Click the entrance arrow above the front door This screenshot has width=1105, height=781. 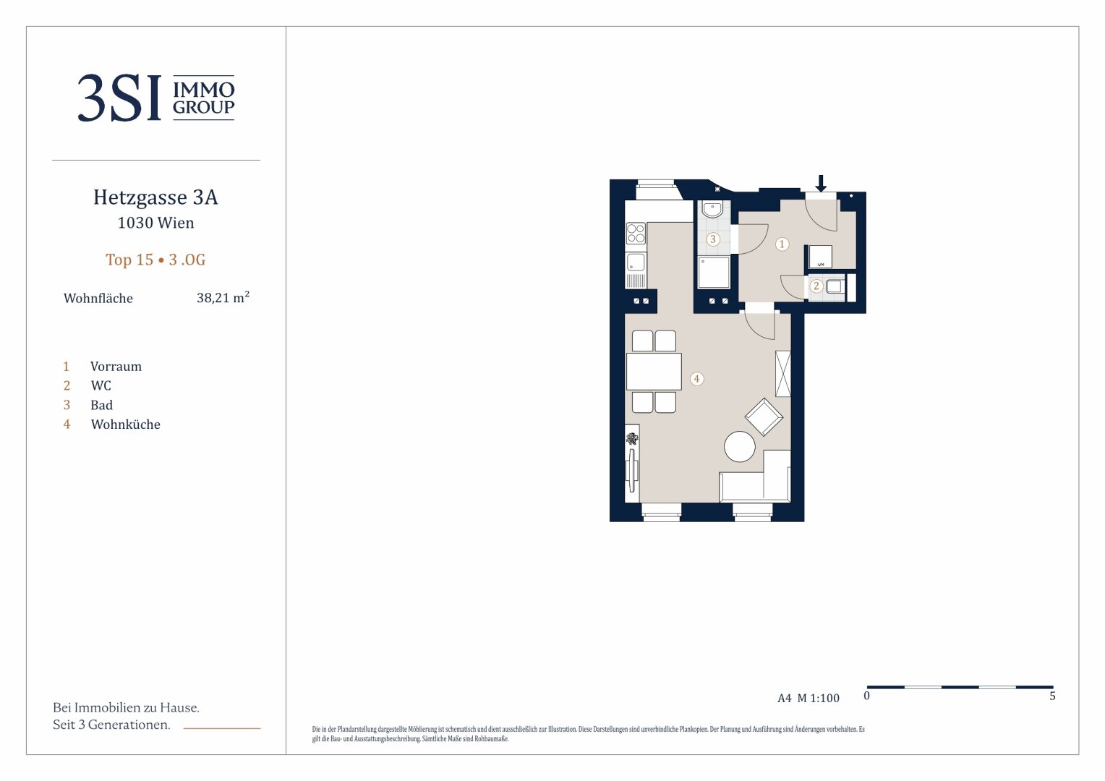click(821, 183)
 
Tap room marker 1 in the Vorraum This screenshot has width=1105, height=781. click(782, 244)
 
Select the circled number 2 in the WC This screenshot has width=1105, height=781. click(816, 286)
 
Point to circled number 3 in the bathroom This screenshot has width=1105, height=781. click(712, 239)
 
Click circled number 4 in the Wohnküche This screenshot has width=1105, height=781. click(696, 379)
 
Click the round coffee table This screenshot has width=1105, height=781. click(740, 446)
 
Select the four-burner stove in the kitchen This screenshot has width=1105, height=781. click(636, 233)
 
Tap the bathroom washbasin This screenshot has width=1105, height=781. click(712, 209)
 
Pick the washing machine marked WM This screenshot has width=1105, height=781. click(820, 257)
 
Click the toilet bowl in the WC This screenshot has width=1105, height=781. click(834, 286)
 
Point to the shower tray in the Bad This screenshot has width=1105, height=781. click(713, 272)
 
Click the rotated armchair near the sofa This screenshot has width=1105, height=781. click(764, 417)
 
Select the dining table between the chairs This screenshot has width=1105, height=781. click(654, 372)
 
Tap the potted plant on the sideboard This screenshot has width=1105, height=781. click(632, 439)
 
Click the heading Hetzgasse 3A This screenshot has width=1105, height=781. click(155, 197)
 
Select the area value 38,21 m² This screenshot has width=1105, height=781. click(223, 297)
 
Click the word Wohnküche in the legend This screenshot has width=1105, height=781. click(125, 424)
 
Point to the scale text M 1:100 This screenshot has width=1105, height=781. click(819, 698)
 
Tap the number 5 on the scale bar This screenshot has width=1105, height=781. click(1052, 696)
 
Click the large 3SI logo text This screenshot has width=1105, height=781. click(119, 98)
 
